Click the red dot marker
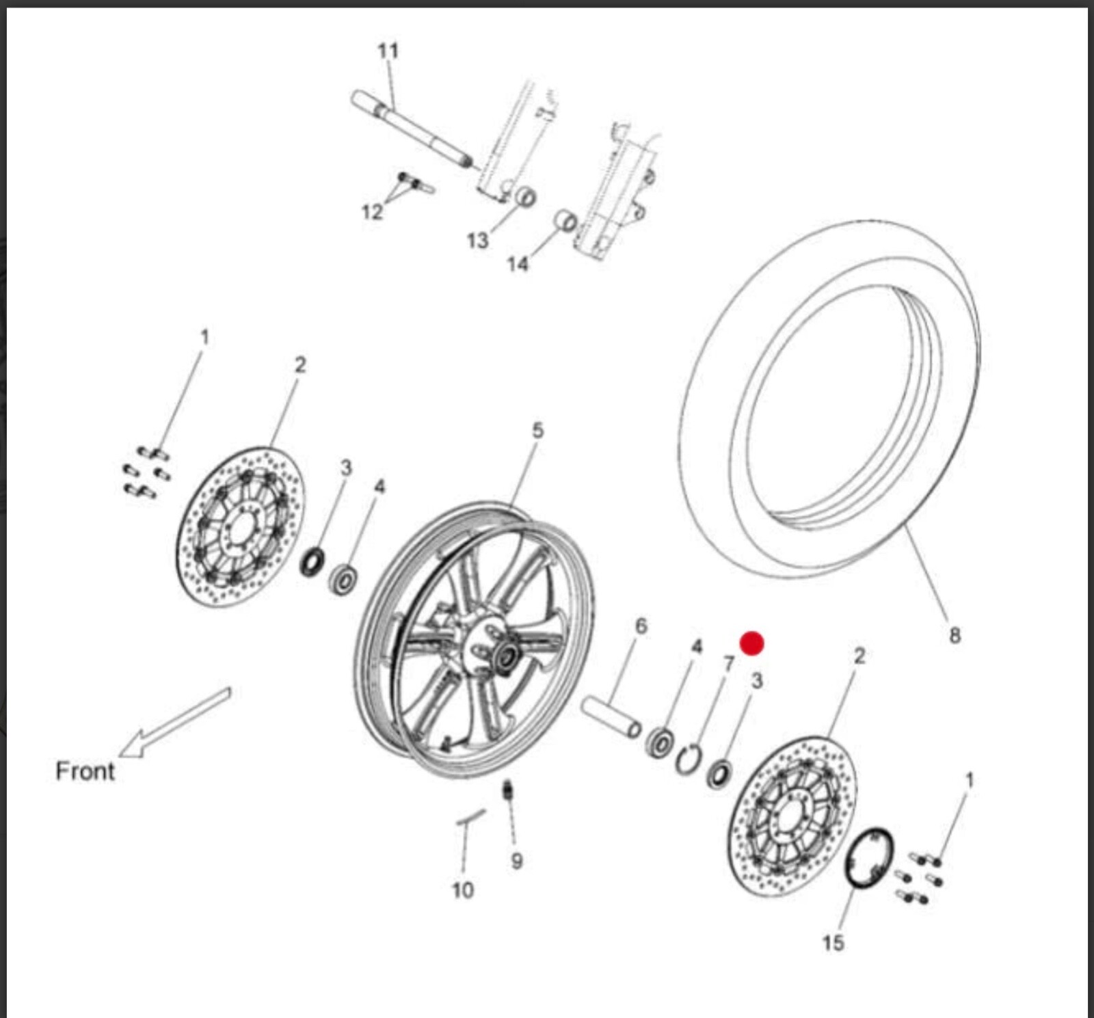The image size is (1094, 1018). click(752, 643)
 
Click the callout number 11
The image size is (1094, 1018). click(388, 51)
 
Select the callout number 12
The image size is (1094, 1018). click(371, 212)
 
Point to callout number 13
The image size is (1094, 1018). click(477, 241)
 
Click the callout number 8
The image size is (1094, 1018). click(955, 636)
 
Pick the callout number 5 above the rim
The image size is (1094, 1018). click(537, 431)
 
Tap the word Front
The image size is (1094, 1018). click(85, 771)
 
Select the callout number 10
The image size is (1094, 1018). click(462, 890)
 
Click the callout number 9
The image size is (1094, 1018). click(517, 861)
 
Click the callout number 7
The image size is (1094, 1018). click(728, 663)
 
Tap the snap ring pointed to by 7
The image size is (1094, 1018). click(689, 760)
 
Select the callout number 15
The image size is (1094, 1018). click(833, 943)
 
